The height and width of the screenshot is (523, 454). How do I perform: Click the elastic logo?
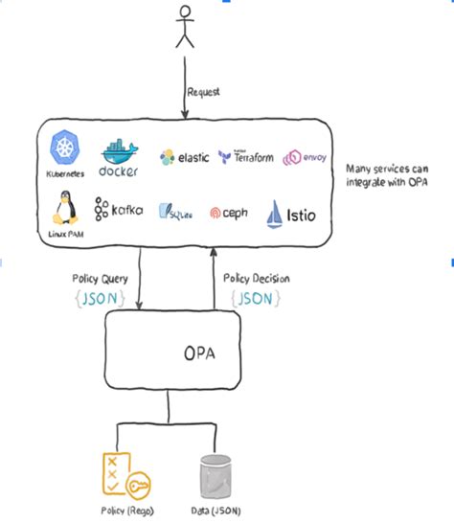point(184,158)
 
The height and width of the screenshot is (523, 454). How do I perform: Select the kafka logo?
point(119,209)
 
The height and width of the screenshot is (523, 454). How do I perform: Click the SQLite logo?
point(175,212)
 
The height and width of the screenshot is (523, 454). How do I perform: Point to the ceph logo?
point(229,213)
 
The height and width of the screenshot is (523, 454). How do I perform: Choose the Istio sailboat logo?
point(287,211)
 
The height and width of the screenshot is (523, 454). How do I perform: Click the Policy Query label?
point(101,277)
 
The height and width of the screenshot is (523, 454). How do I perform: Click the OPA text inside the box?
point(200,352)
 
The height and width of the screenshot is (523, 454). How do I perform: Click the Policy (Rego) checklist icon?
point(118,469)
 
